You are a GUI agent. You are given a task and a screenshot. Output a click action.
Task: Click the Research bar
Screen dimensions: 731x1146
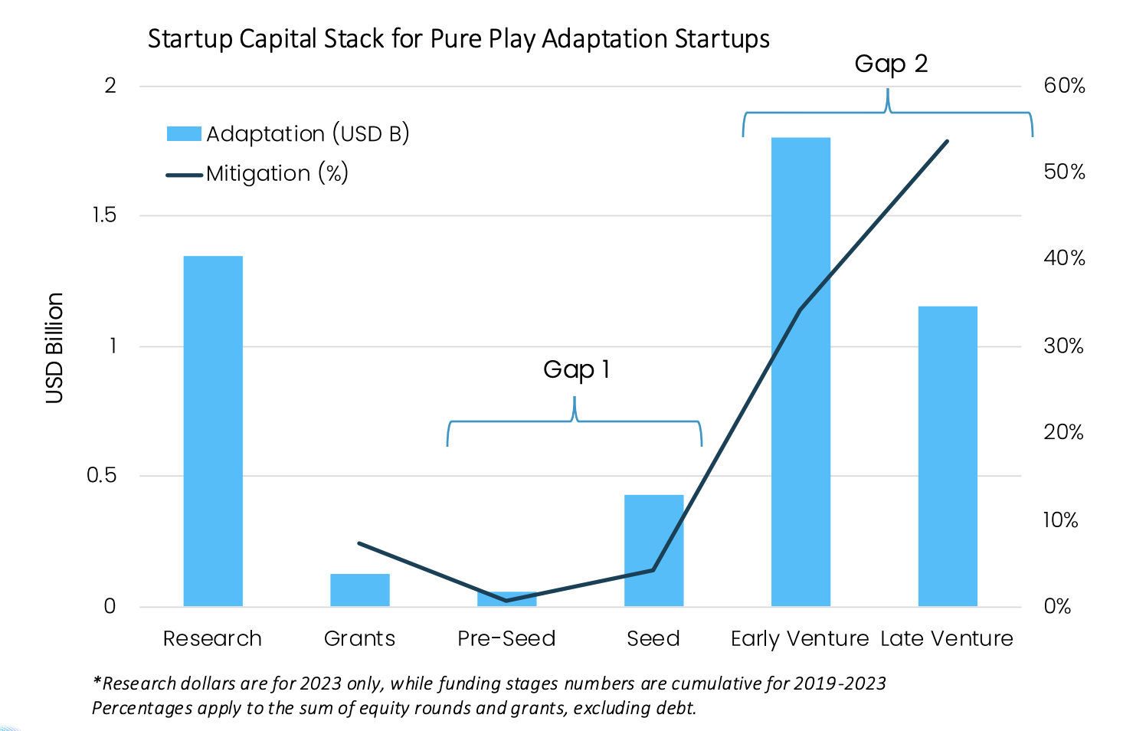(x=213, y=431)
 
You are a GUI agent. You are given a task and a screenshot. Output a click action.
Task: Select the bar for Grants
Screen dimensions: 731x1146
(x=360, y=590)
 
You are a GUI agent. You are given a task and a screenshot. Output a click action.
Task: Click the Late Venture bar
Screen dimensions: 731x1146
(x=948, y=456)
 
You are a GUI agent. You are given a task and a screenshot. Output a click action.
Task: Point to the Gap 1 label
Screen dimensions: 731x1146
(x=576, y=370)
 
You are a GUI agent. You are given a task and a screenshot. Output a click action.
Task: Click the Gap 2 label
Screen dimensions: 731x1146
(x=891, y=64)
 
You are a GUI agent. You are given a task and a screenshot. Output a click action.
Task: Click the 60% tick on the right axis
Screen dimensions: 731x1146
(x=1064, y=86)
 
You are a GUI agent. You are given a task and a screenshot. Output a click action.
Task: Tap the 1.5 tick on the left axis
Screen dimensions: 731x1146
(x=104, y=215)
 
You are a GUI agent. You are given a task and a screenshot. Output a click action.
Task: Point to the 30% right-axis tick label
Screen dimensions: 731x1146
(x=1063, y=346)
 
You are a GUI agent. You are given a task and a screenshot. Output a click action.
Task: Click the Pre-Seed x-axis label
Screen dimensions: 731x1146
(x=506, y=638)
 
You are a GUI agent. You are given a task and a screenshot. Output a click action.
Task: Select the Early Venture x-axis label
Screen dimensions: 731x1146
(x=800, y=638)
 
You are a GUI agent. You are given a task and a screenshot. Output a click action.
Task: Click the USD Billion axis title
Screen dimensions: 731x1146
(x=54, y=348)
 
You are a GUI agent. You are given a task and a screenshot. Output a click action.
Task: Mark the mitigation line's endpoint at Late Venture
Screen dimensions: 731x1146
(x=948, y=141)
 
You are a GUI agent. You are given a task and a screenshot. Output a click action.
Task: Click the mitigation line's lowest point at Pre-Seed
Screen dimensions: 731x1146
(x=506, y=600)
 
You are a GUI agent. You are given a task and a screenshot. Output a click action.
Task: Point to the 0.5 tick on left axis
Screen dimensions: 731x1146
(x=101, y=476)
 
